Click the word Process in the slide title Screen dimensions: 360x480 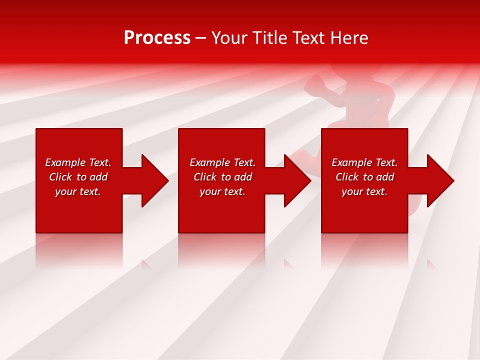[157, 38]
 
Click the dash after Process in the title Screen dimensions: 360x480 [201, 38]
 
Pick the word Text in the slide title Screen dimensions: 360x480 [308, 38]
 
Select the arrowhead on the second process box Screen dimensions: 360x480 [297, 180]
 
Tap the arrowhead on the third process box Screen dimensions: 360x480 [440, 180]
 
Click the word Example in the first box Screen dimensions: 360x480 [65, 162]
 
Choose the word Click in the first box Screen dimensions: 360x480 [60, 177]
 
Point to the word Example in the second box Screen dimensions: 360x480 [209, 162]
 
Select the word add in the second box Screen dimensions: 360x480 [243, 177]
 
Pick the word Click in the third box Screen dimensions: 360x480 [347, 177]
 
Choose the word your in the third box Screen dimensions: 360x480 [351, 191]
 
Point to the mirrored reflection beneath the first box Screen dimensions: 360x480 [79, 250]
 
